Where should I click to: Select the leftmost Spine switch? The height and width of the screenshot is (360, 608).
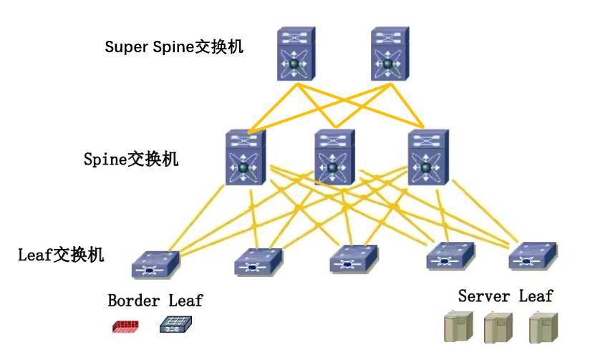pyautogui.click(x=246, y=157)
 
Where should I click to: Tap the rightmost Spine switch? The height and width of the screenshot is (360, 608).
pyautogui.click(x=428, y=157)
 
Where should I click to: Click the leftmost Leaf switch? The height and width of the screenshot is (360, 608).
pyautogui.click(x=155, y=264)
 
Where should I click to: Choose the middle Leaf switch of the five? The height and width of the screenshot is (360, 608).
pyautogui.click(x=354, y=258)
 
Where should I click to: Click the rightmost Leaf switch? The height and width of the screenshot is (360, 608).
pyautogui.click(x=532, y=255)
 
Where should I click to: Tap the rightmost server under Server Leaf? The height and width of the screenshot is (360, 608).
pyautogui.click(x=543, y=326)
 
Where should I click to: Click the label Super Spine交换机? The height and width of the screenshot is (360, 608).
pyautogui.click(x=174, y=47)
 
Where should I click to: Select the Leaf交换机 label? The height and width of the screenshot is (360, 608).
pyautogui.click(x=62, y=254)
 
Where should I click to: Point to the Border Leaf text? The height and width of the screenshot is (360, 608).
pyautogui.click(x=155, y=301)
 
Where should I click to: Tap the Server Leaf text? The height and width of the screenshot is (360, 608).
pyautogui.click(x=506, y=296)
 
